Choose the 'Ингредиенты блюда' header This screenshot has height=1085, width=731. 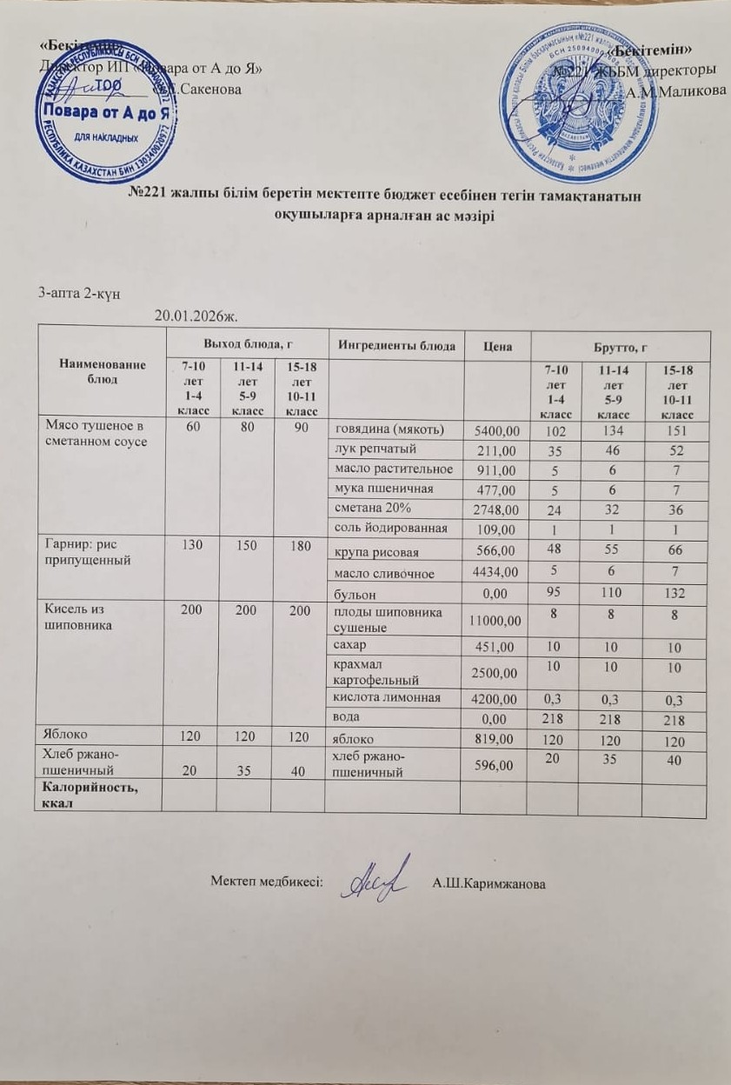(x=397, y=346)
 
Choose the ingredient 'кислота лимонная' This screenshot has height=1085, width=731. (x=382, y=697)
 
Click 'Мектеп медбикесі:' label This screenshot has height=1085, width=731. (x=266, y=881)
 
